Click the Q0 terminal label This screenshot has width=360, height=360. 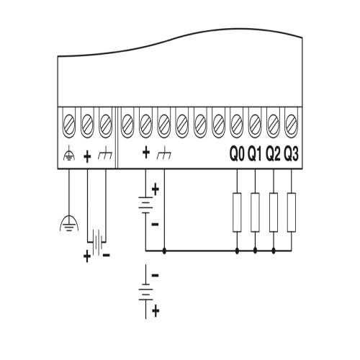click(x=237, y=154)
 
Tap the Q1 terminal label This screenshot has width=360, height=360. click(x=255, y=154)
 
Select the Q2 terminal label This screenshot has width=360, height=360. click(x=273, y=154)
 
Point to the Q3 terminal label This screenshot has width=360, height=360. click(x=291, y=154)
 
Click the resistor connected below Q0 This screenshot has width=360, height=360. click(x=237, y=212)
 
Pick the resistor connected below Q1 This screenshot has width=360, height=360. click(x=255, y=212)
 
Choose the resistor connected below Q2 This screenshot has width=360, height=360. click(x=274, y=212)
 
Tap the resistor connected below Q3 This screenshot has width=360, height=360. click(x=292, y=212)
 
